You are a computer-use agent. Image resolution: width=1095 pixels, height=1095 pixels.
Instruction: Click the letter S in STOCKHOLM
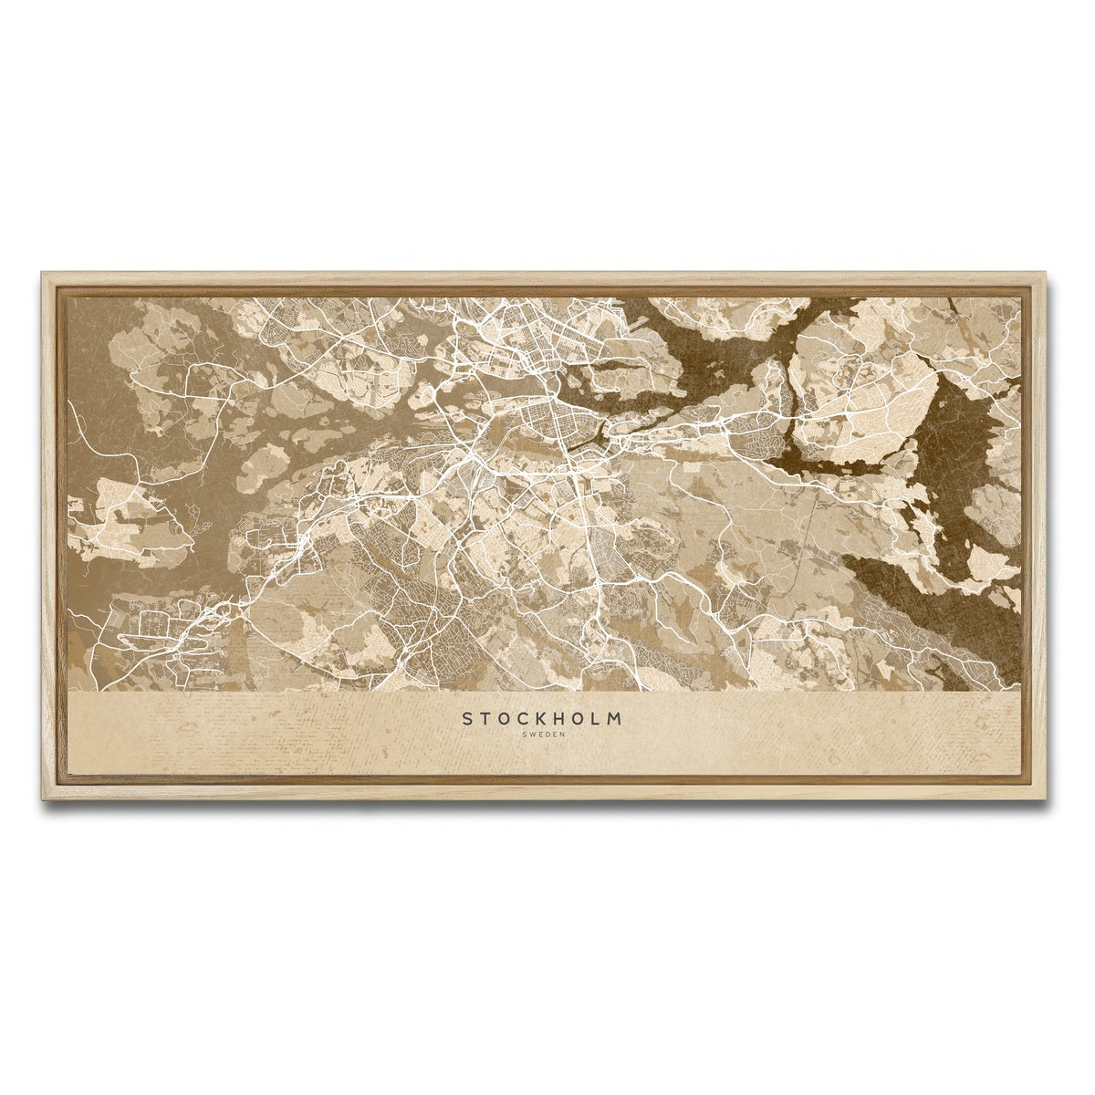pyautogui.click(x=467, y=719)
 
